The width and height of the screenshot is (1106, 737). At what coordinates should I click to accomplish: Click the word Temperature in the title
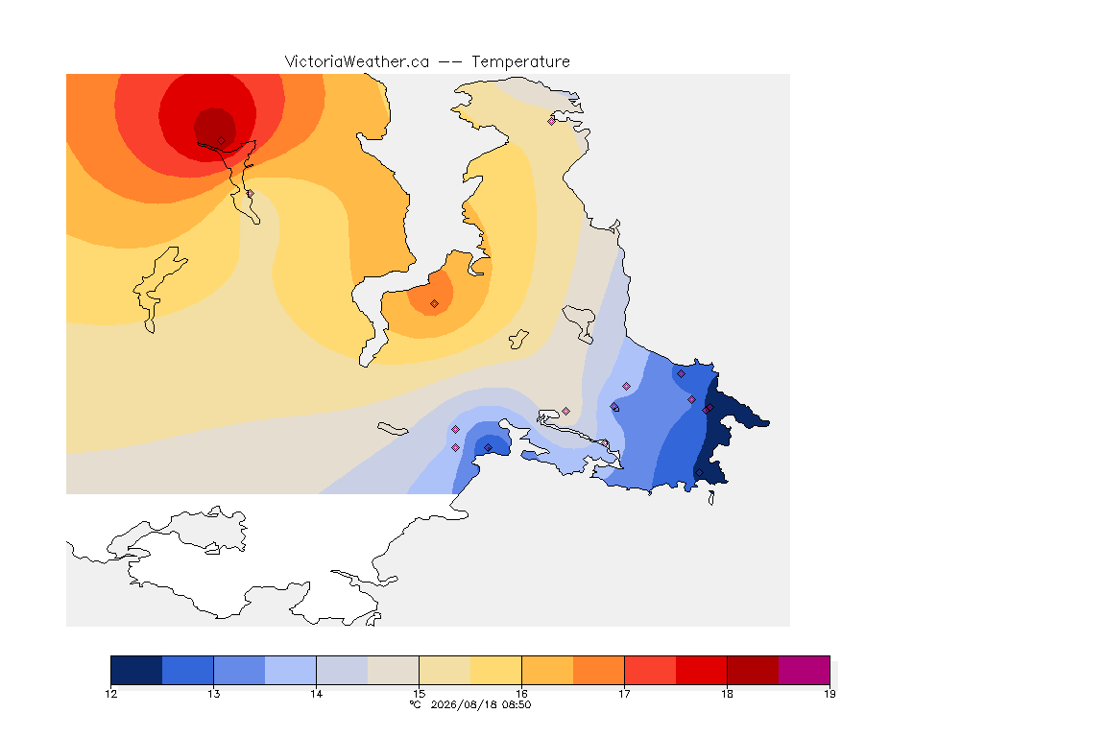[520, 62]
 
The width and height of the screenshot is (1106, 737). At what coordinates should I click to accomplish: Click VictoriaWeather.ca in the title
[357, 62]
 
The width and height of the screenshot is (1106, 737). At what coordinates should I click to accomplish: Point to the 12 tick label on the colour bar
[110, 694]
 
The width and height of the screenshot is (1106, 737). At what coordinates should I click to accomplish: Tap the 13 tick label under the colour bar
[214, 694]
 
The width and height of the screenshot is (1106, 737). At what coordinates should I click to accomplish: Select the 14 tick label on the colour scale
[316, 694]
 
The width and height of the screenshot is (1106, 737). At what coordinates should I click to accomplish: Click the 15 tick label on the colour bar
[419, 694]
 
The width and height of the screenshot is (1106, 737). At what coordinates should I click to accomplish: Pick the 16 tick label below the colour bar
[521, 694]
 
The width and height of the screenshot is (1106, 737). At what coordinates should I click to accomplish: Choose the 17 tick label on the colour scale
[624, 694]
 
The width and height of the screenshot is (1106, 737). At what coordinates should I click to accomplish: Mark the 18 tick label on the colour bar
[727, 694]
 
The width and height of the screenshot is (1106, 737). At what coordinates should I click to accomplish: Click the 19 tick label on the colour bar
[829, 694]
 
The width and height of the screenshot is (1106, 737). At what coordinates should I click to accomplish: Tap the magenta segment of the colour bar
[805, 670]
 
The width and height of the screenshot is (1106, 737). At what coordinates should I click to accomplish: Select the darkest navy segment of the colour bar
[137, 670]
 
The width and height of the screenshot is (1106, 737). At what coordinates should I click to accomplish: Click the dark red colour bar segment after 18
[753, 670]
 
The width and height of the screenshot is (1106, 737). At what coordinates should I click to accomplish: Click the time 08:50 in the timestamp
[516, 704]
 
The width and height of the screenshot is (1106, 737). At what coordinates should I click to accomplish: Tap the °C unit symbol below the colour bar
[416, 704]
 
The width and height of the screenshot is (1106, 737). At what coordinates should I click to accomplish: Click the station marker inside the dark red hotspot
[222, 141]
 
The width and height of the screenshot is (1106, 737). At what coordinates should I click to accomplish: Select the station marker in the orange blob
[435, 304]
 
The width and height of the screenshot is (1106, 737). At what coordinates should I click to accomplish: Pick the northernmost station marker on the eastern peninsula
[552, 121]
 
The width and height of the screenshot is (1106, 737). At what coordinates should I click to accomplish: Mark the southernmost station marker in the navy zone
[699, 473]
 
